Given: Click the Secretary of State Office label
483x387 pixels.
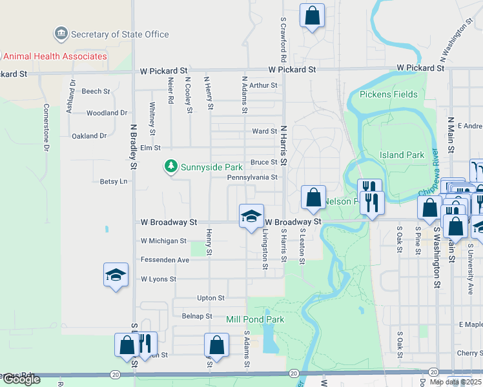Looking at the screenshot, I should click(120, 35).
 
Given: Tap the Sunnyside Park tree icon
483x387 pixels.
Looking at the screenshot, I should click(171, 167).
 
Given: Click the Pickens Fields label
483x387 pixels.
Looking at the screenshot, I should click(388, 94).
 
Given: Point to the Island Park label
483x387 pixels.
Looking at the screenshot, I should click(402, 155).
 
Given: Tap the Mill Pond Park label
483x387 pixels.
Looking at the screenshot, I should click(255, 319).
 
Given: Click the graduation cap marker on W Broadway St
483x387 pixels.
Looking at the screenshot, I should click(251, 215).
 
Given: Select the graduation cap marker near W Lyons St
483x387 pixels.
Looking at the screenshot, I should click(116, 275).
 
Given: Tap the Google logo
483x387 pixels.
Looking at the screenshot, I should click(21, 379).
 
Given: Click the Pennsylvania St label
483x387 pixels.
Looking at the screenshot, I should click(252, 177).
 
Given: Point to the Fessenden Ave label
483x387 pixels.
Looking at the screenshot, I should click(165, 260).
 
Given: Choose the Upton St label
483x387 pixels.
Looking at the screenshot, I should click(211, 298).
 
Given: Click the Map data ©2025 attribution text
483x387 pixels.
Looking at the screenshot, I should click(455, 382).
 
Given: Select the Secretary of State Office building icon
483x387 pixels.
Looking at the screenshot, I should click(61, 33).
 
